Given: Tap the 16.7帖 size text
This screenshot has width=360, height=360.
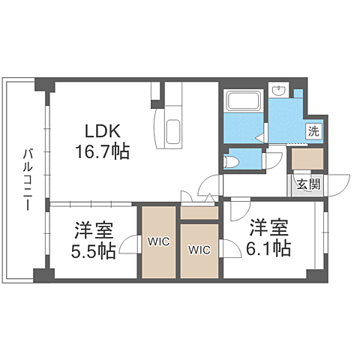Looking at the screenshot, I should click(101, 151).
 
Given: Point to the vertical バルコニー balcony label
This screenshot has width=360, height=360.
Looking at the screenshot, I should click(26, 179).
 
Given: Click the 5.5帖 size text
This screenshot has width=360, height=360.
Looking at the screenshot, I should click(94, 251).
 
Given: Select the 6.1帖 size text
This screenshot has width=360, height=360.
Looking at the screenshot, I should click(270, 248).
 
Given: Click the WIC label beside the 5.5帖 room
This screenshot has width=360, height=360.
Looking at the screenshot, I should click(158, 242).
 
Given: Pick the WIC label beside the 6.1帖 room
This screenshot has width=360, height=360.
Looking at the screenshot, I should click(199, 250).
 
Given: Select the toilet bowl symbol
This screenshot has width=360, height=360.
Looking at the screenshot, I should click(233, 160).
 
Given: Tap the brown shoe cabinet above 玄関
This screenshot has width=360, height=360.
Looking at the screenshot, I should click(307, 160).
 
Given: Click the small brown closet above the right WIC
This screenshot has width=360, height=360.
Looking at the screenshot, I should click(199, 212).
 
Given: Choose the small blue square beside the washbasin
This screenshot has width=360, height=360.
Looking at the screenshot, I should click(298, 93).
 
